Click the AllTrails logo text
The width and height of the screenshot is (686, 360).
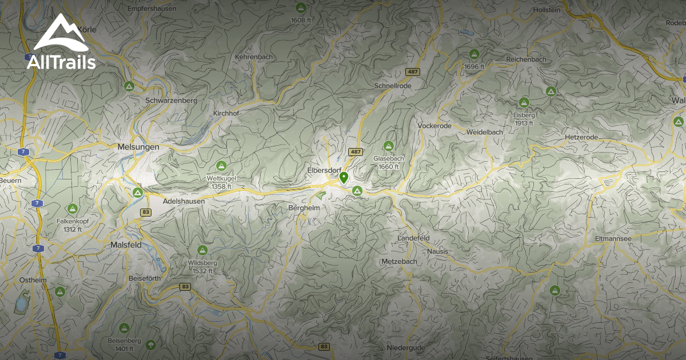61,62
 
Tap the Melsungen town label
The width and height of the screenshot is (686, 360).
138,147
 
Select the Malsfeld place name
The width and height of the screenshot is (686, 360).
126,245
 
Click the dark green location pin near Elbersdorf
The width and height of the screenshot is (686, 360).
344,178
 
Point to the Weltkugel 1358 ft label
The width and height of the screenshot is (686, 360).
221,182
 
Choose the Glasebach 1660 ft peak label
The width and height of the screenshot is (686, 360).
388,162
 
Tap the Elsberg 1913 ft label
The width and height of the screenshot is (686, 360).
523,119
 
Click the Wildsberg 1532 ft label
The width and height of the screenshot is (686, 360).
202,267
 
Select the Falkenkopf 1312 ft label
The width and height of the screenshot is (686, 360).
72,225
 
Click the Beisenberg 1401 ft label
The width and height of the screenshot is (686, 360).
124,345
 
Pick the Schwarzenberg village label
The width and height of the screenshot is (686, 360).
171,100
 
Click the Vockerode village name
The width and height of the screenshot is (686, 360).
434,126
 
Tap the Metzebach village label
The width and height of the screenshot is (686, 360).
399,261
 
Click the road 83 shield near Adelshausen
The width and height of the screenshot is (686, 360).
146,213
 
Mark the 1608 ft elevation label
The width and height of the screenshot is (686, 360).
300,20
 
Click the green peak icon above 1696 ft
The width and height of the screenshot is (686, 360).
474,54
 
